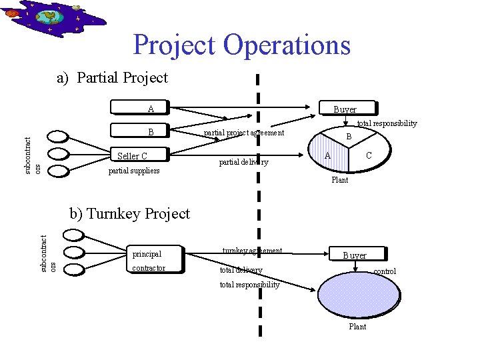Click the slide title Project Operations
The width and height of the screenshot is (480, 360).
pyautogui.click(x=241, y=45)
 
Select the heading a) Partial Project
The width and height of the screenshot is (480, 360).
pyautogui.click(x=112, y=78)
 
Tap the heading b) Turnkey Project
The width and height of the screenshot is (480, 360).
pyautogui.click(x=130, y=214)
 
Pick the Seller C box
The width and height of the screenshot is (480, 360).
pyautogui.click(x=141, y=156)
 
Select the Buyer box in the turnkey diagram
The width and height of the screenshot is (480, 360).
pyautogui.click(x=354, y=255)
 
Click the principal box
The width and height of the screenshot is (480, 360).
pyautogui.click(x=155, y=254)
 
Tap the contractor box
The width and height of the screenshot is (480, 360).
pyautogui.click(x=155, y=268)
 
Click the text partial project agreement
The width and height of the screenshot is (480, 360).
pyautogui.click(x=244, y=133)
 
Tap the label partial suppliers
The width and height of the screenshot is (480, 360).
pyautogui.click(x=134, y=171)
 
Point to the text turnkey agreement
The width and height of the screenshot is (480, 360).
pyautogui.click(x=253, y=251)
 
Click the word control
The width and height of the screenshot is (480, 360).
pyautogui.click(x=385, y=271)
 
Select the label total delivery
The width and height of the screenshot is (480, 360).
pyautogui.click(x=241, y=270)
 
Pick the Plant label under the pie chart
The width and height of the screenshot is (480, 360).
pyautogui.click(x=339, y=180)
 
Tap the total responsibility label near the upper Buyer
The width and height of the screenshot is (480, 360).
pyautogui.click(x=387, y=123)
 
